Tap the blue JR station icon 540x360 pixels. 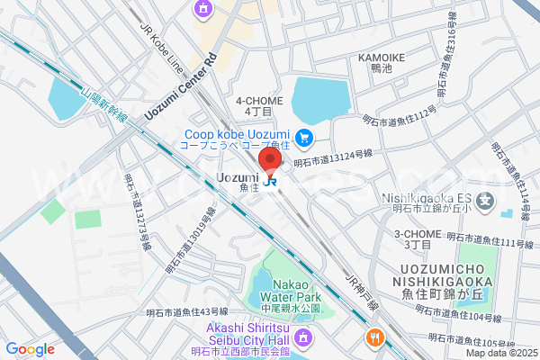pos(272,180)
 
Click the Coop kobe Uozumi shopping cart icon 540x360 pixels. pos(305,138)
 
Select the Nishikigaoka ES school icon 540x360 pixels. pos(488,199)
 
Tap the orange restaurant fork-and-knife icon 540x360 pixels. pos(373,338)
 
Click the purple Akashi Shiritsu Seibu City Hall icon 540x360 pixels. pos(304,338)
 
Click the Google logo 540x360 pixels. pos(30,349)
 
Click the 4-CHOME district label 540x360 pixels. pos(259,105)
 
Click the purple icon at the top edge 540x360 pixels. pos(202,8)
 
